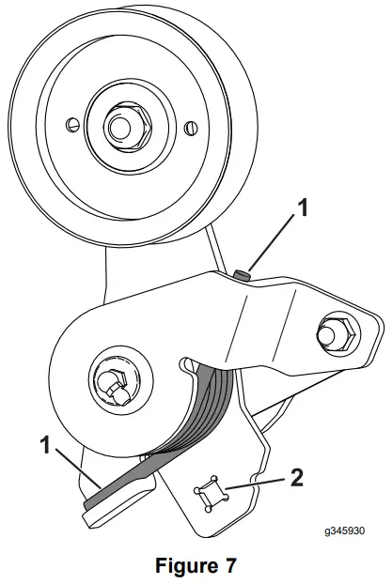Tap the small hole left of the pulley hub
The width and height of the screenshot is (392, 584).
[71, 122]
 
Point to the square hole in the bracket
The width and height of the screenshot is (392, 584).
[210, 491]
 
